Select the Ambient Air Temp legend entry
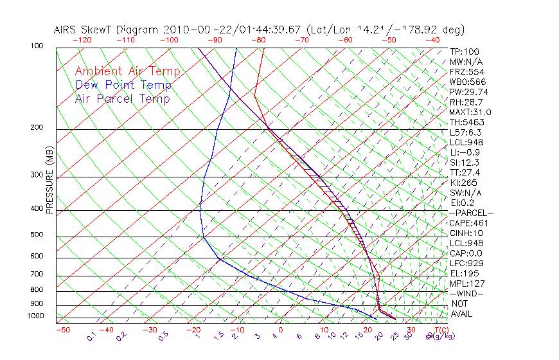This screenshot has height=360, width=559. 127,71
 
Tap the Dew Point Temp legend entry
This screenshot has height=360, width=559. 123,85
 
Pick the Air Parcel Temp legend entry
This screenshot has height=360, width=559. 122,98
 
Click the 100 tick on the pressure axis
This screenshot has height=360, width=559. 37,46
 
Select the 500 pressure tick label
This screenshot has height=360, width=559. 37,235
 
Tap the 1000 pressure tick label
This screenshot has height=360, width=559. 35,316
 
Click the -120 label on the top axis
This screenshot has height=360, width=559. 82,39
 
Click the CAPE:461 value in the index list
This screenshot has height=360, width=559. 468,223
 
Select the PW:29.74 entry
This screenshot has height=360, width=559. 468,92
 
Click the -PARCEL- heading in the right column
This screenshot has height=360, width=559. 471,213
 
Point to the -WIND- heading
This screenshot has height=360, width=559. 466,293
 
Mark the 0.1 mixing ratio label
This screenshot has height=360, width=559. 92,336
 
